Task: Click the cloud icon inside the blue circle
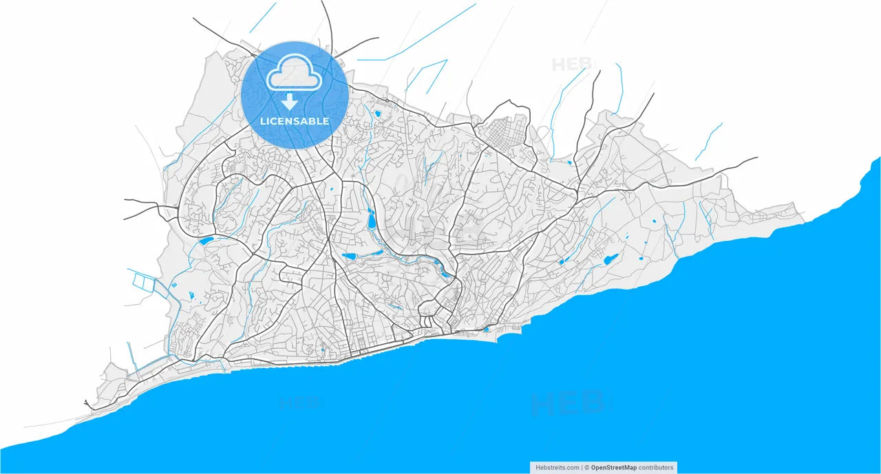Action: (295, 74)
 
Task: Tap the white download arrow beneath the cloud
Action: (290, 102)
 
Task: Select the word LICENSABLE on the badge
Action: (295, 122)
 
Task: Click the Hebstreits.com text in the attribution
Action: (558, 468)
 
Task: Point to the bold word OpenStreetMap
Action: (614, 468)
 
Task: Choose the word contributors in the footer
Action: (656, 468)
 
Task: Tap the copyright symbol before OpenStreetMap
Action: (587, 468)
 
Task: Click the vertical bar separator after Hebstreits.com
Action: (582, 468)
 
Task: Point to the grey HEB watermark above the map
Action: (571, 65)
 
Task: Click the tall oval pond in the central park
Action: (372, 219)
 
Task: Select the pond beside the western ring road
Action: (206, 241)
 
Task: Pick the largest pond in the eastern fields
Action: (609, 259)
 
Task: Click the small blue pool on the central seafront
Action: (486, 330)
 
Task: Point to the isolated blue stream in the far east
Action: (709, 141)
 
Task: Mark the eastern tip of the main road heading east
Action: (756, 158)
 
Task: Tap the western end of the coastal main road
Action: (86, 402)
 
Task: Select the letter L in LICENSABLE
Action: (263, 122)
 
